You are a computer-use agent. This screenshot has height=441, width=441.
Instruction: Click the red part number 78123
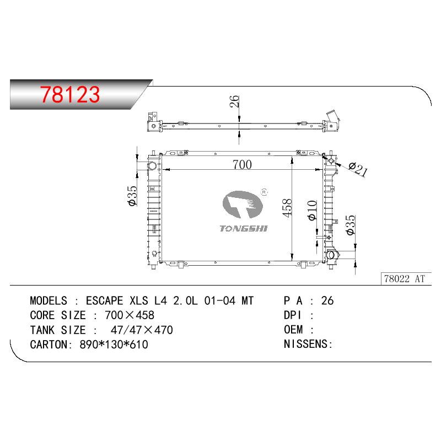(x=70, y=94)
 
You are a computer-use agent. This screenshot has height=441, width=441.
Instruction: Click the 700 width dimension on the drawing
(x=242, y=164)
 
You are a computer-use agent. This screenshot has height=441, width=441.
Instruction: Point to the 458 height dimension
(x=287, y=208)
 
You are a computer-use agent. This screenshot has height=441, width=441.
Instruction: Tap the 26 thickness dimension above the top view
(x=234, y=101)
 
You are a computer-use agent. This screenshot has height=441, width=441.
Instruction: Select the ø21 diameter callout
(x=358, y=169)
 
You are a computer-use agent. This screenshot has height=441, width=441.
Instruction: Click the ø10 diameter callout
(x=312, y=210)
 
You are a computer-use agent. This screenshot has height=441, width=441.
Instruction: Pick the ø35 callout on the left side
(x=132, y=196)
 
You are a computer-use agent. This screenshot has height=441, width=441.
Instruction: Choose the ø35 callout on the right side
(x=351, y=225)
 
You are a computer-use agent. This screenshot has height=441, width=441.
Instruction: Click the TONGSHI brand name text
(x=243, y=228)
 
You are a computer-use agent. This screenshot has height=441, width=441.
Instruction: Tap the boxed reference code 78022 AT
(x=404, y=279)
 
